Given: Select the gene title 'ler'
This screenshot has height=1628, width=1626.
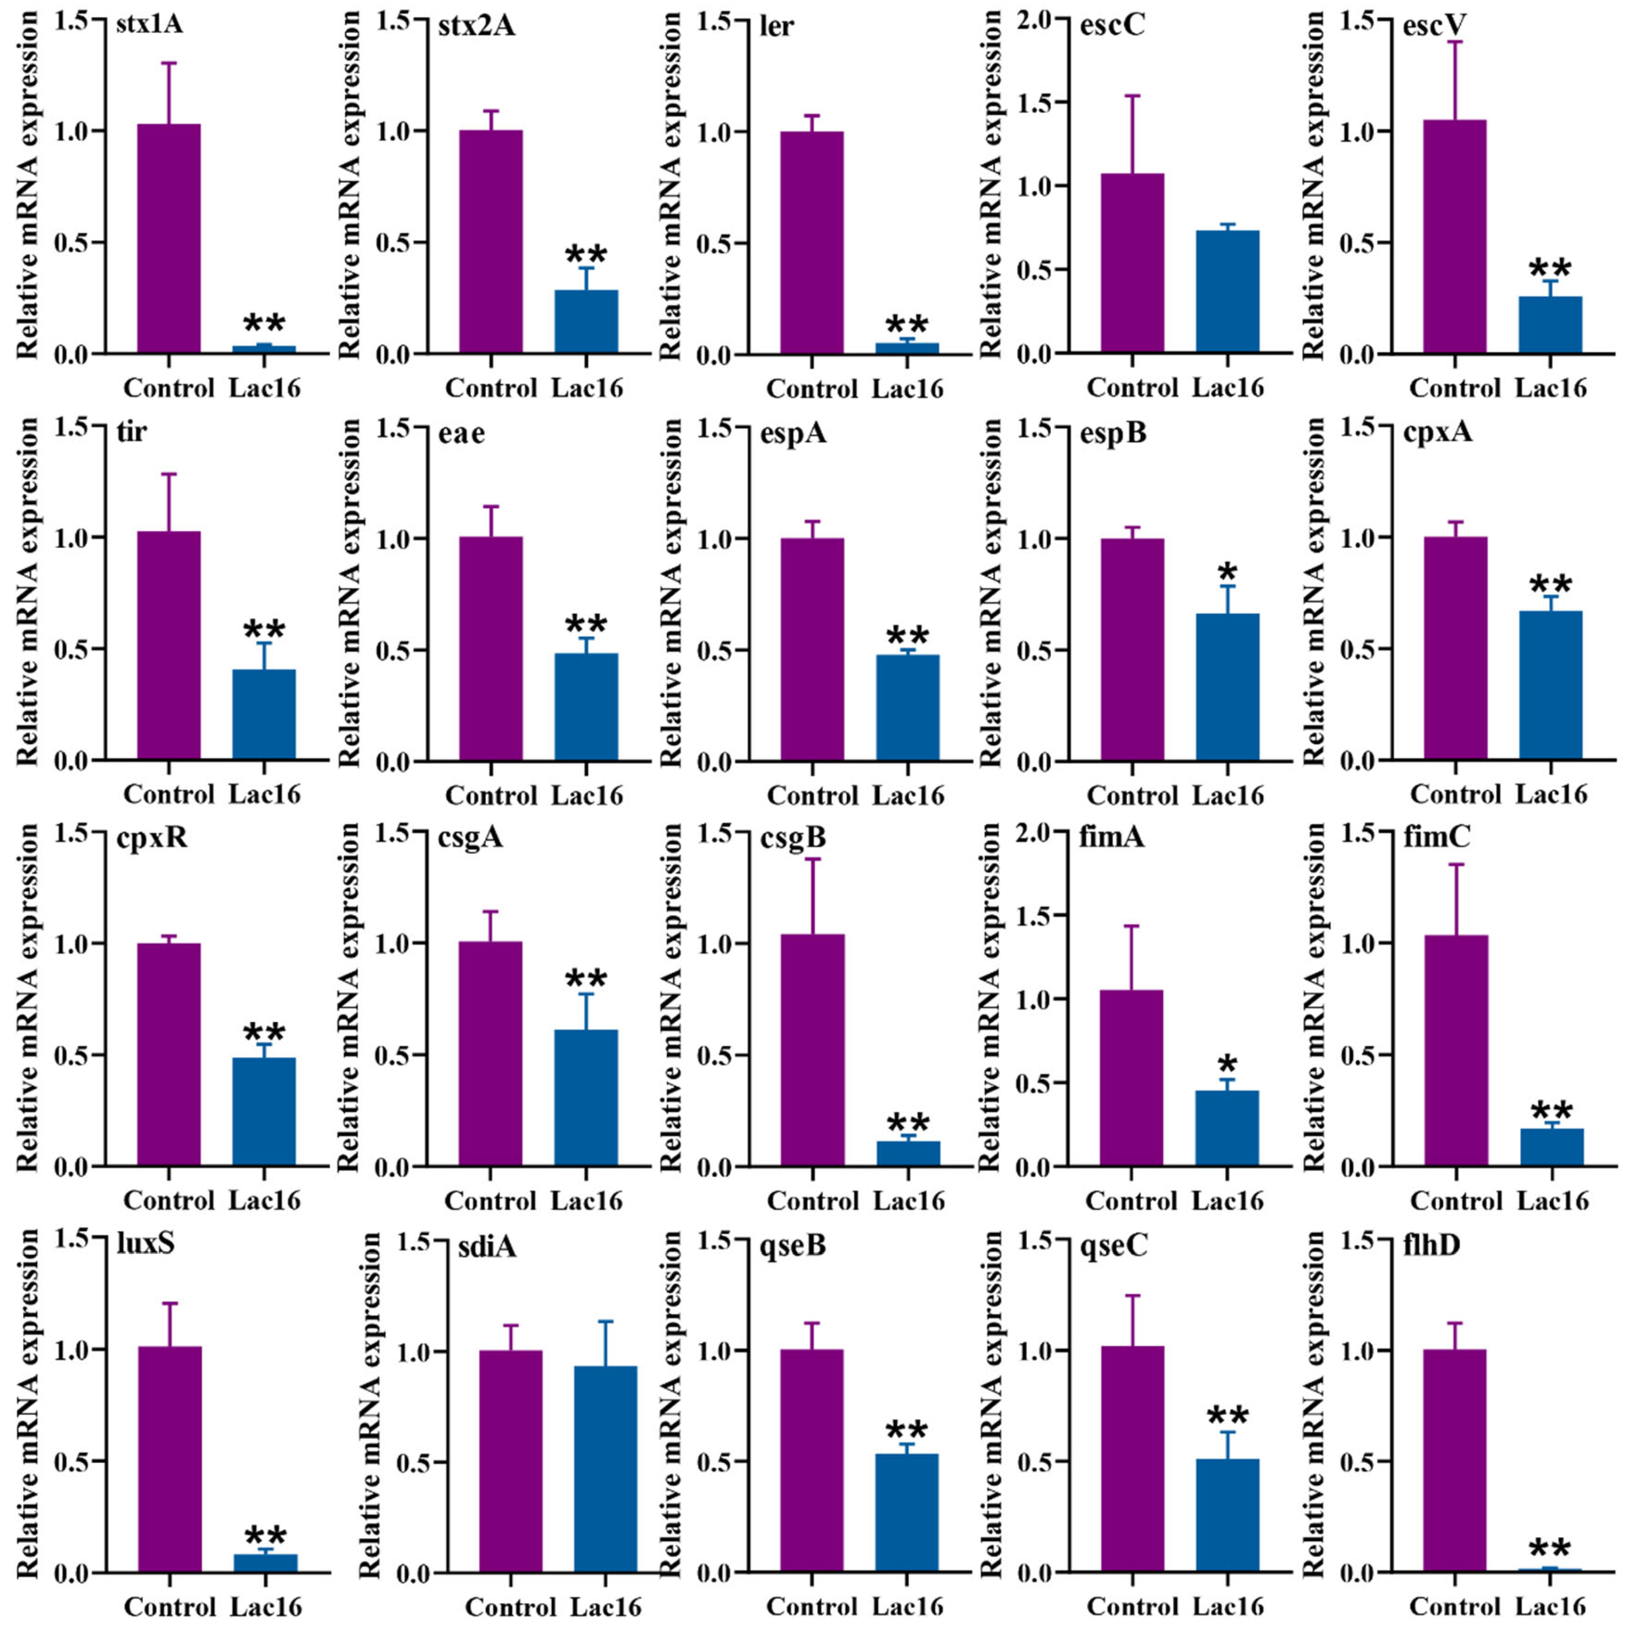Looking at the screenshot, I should (775, 26).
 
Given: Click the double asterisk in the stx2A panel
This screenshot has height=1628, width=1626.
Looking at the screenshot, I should (587, 254).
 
